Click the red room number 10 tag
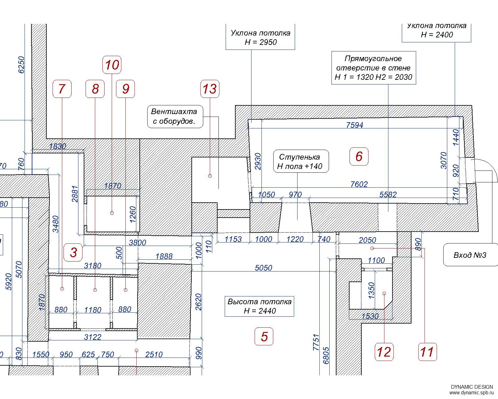pos(112,65)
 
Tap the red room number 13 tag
pos(210,89)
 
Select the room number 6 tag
pos(359,156)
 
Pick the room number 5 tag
pos(264,336)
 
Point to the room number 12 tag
pos(384,352)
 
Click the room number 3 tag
pos(73,252)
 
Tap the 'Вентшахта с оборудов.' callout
pos(175,116)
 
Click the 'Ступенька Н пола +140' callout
pos(301,161)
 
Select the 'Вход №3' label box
pos(470,255)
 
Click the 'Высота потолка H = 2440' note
pos(259,306)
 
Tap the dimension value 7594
pos(355,125)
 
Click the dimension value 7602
pos(359,184)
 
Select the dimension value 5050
pos(263,268)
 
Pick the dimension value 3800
pos(138,243)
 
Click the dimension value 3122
pos(92,337)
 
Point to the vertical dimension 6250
pos(21,65)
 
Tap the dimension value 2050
pos(367,240)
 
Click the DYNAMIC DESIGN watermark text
pos(472,387)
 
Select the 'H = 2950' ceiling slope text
pos(261,42)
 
